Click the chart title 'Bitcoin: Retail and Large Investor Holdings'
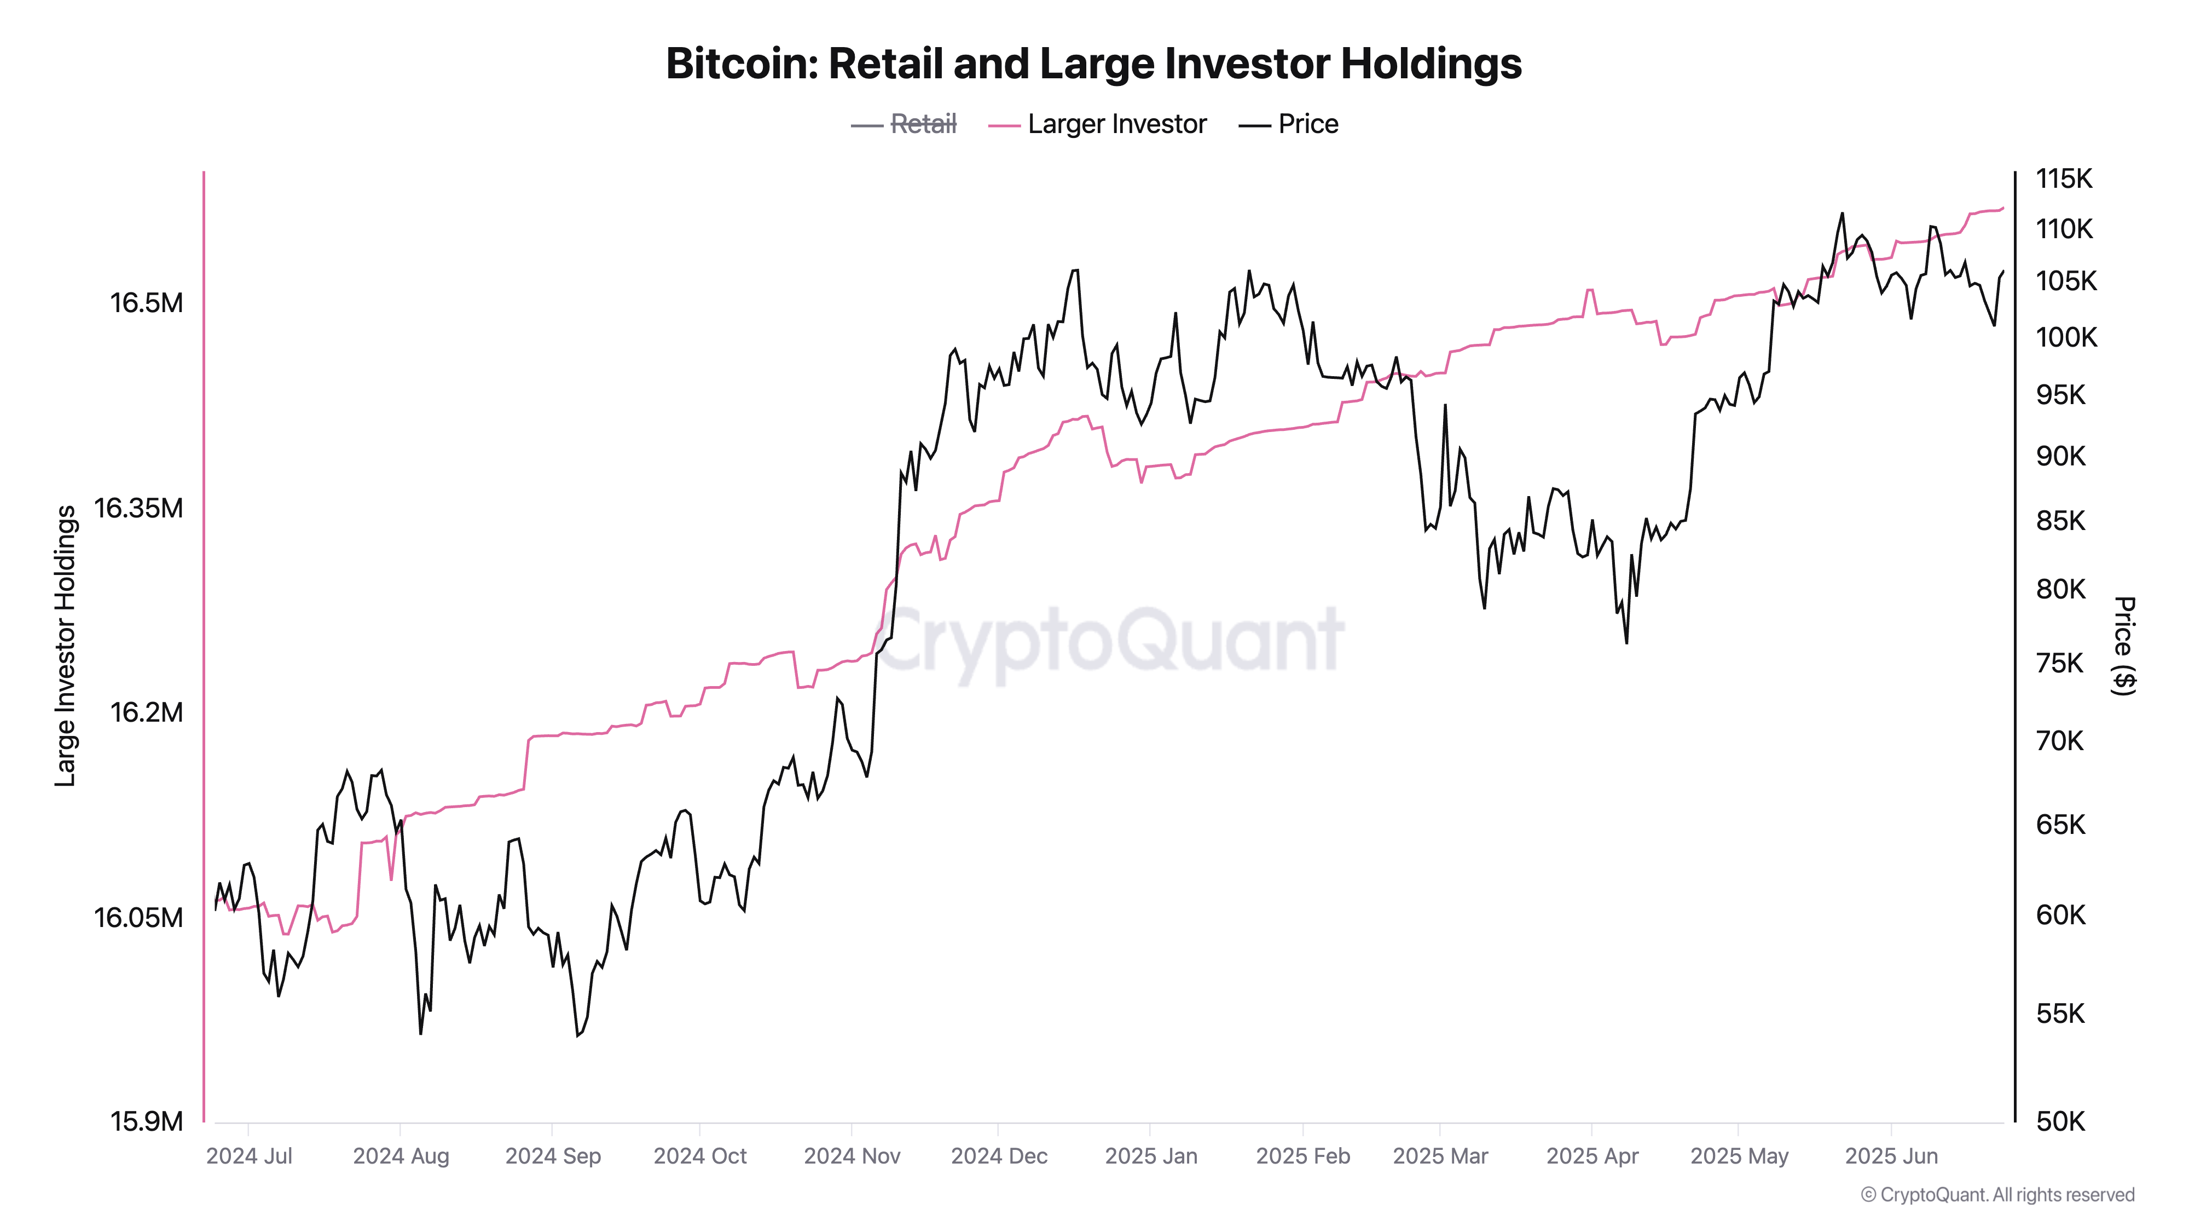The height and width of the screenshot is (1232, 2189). pyautogui.click(x=1093, y=64)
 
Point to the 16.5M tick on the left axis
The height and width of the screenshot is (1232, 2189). pyautogui.click(x=146, y=303)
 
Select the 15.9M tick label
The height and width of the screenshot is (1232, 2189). pyautogui.click(x=146, y=1121)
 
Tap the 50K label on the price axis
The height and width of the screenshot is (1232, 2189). pyautogui.click(x=2060, y=1121)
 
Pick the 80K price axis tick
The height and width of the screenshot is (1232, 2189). pyautogui.click(x=2060, y=589)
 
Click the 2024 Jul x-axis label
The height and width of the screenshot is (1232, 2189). pyautogui.click(x=249, y=1156)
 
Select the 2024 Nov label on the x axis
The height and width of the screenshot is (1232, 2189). pyautogui.click(x=852, y=1156)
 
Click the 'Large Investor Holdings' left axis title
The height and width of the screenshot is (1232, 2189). pyautogui.click(x=66, y=646)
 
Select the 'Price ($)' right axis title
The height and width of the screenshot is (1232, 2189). pyautogui.click(x=2123, y=646)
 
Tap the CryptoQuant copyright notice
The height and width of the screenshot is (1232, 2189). pyautogui.click(x=1997, y=1195)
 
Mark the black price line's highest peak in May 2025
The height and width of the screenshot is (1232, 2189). pyautogui.click(x=1841, y=214)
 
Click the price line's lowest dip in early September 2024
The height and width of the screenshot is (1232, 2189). pyautogui.click(x=578, y=1035)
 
